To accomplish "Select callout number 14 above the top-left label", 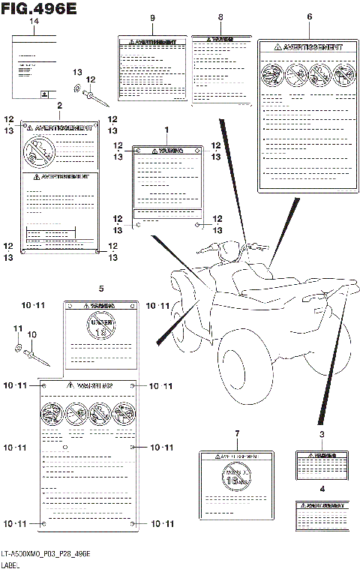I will (33, 22).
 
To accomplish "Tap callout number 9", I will (152, 17).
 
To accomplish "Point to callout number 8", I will (220, 17).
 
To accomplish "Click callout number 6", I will (309, 16).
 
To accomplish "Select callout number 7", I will (236, 434).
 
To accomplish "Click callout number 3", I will (321, 434).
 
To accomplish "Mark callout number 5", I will (100, 288).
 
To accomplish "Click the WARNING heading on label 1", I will (167, 151).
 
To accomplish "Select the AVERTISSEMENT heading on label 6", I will (309, 46).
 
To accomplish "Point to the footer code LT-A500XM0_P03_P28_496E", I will (45, 553).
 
